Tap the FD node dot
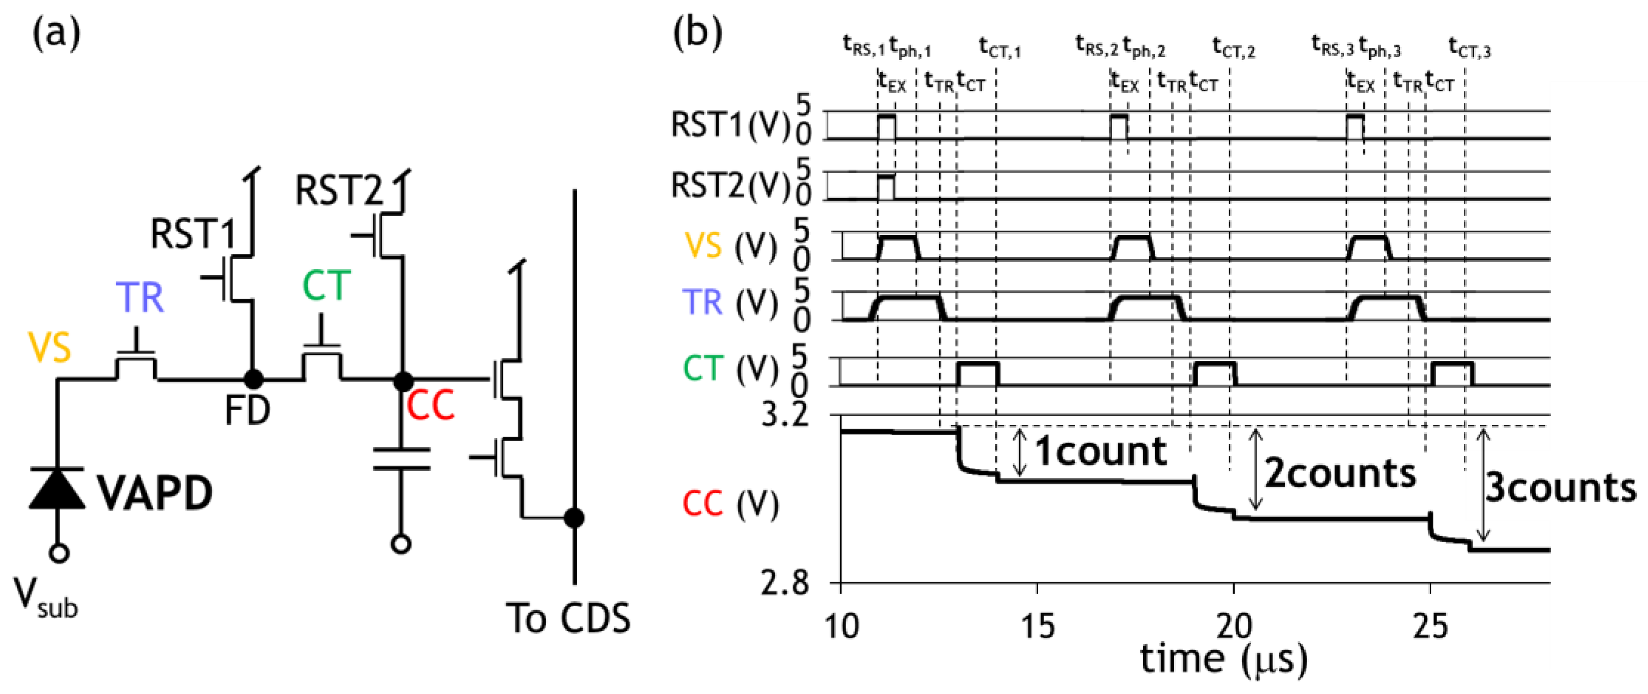coord(253,379)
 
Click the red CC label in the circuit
coord(430,405)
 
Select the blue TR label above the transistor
coord(139,298)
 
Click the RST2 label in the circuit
coord(338,191)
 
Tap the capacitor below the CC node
coord(401,459)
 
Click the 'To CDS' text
coord(568,619)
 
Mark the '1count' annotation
coord(1100,451)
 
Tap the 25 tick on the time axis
coord(1430,626)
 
